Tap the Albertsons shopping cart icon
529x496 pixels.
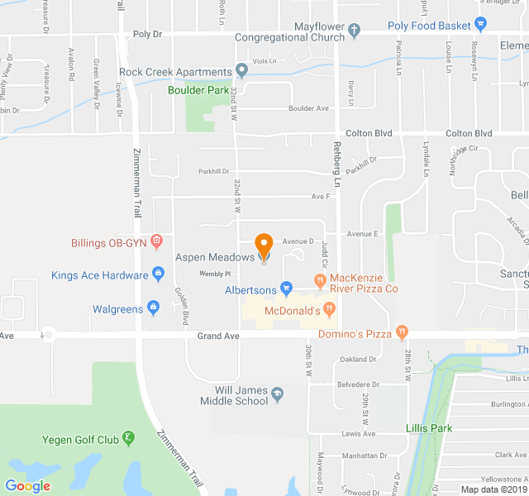point(286,289)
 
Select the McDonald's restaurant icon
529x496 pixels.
point(330,310)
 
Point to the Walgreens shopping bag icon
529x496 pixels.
point(153,308)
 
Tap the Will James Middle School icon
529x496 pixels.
point(277,392)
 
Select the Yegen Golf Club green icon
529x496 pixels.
point(128,437)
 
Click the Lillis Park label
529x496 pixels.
point(429,428)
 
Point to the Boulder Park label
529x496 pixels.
point(198,90)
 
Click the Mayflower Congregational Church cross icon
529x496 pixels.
point(355,31)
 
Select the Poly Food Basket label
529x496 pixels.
point(429,26)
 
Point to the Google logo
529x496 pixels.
point(27,485)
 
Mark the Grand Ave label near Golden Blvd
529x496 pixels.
point(218,336)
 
